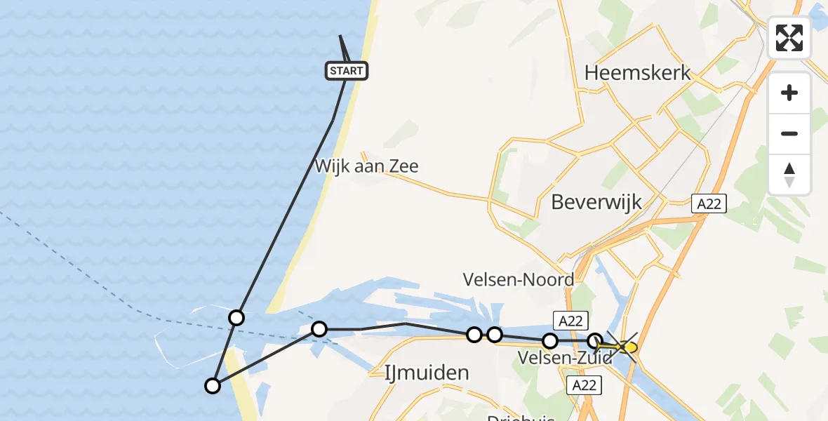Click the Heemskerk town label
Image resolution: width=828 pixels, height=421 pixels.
[637, 73]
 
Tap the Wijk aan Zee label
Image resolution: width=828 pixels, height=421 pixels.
[367, 166]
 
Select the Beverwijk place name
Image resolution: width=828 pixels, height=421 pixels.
[596, 202]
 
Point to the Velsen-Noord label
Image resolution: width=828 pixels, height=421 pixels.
[519, 279]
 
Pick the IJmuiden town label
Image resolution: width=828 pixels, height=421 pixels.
[427, 372]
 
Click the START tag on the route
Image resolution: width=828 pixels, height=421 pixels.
[347, 70]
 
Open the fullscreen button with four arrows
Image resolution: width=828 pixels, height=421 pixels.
[789, 38]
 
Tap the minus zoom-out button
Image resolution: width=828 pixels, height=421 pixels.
[789, 133]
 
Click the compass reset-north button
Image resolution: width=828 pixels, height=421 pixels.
[789, 174]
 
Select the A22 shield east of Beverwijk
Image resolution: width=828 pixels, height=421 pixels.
[709, 204]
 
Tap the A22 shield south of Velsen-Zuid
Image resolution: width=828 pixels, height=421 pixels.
[582, 384]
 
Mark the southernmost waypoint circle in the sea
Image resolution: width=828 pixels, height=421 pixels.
[212, 385]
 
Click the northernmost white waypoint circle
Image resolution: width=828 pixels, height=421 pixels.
[236, 318]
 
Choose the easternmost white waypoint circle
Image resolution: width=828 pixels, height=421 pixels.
[595, 341]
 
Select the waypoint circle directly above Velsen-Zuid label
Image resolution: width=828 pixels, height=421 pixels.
[550, 342]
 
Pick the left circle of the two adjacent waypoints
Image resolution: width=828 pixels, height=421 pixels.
[474, 335]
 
